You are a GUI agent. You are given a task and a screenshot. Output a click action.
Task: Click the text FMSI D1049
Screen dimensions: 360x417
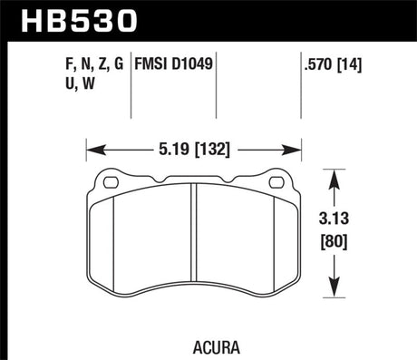click(x=176, y=64)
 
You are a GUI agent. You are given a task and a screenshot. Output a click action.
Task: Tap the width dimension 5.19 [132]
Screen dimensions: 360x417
click(x=193, y=142)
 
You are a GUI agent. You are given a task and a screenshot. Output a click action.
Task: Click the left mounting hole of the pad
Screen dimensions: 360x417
click(x=112, y=181)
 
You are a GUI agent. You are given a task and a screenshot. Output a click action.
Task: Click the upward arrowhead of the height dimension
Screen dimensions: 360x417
click(x=337, y=174)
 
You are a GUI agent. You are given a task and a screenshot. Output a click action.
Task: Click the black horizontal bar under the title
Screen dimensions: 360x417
click(x=208, y=40)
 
